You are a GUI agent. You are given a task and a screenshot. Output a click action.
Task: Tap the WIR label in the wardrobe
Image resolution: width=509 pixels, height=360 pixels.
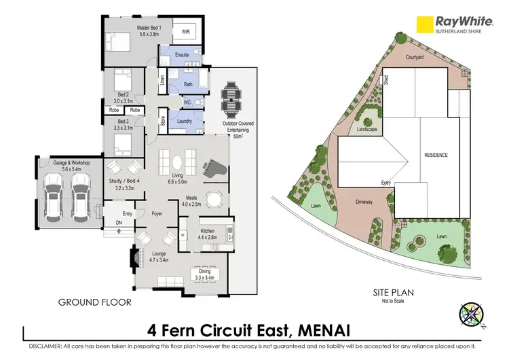(x=185, y=31)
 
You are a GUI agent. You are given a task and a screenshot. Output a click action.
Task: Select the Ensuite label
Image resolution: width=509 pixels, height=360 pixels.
(x=182, y=54)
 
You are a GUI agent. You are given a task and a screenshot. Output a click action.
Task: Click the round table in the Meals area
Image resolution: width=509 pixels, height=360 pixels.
(x=214, y=199)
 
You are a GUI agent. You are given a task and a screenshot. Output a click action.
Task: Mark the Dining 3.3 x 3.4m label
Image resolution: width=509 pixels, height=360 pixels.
(x=204, y=275)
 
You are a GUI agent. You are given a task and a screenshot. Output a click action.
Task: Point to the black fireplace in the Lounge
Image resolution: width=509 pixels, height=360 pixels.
(x=132, y=256)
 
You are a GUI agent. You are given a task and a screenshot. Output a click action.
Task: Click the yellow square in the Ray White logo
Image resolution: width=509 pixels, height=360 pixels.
(x=425, y=24)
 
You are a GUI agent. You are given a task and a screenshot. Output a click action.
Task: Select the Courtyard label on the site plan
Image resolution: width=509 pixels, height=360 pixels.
(x=415, y=58)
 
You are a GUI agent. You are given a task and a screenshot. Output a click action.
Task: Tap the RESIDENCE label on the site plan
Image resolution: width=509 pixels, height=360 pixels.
(x=436, y=155)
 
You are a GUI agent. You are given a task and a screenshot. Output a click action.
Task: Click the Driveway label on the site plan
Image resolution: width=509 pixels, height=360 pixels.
(x=365, y=202)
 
